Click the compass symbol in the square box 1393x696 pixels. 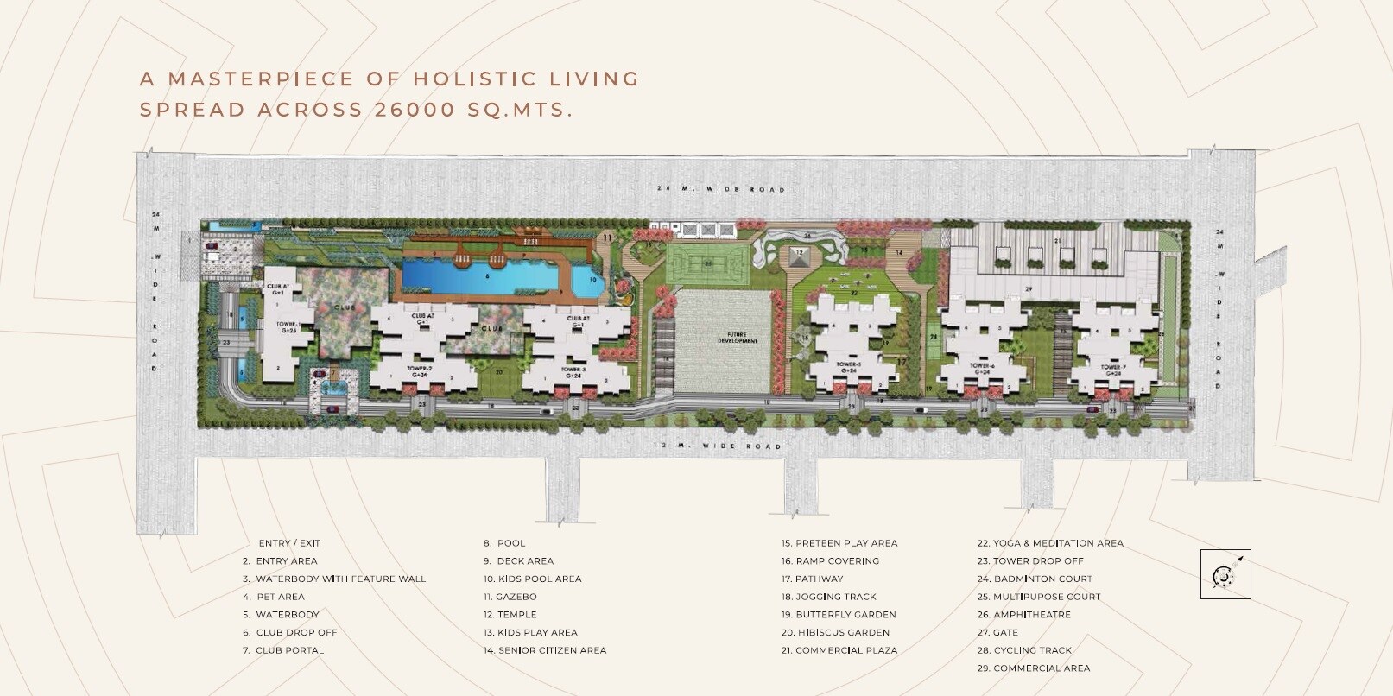tap(1225, 574)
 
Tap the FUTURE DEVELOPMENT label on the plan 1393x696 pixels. tap(737, 339)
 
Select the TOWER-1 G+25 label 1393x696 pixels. tap(288, 327)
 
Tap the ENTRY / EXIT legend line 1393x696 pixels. tap(289, 543)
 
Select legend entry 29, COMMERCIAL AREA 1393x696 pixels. tap(1033, 668)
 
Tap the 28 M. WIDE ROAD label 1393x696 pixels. tap(720, 189)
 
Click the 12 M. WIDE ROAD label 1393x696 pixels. tap(718, 446)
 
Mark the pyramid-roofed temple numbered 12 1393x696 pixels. tap(799, 256)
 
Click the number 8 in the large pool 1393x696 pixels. tap(488, 276)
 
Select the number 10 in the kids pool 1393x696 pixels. tap(592, 279)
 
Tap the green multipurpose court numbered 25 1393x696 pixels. tap(708, 263)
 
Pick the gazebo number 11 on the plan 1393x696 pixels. tap(607, 236)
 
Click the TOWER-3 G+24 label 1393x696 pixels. tap(573, 373)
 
